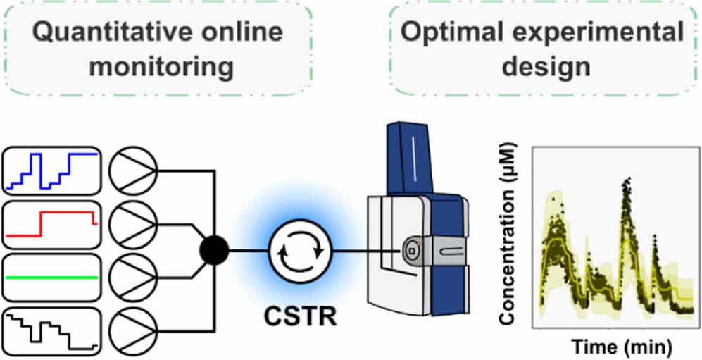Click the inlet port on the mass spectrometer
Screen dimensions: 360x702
pyautogui.click(x=410, y=249)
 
